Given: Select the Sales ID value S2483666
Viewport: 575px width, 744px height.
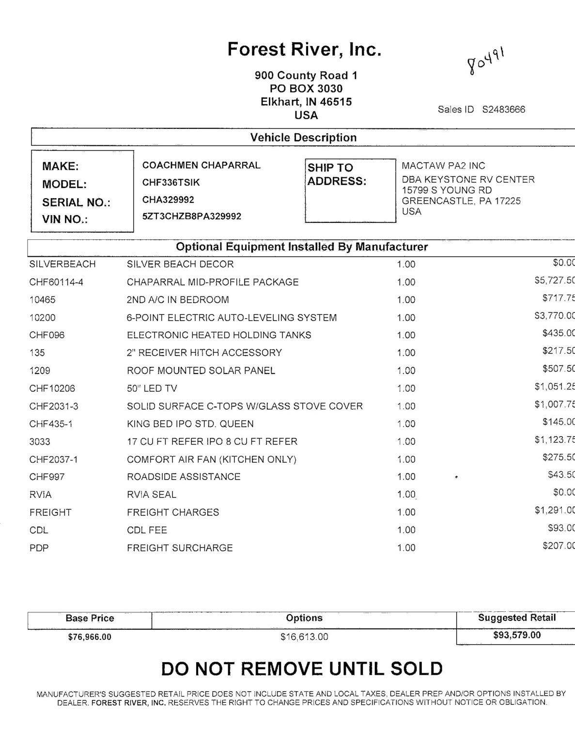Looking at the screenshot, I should click(x=503, y=109).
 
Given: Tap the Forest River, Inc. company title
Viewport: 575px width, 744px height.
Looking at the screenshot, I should click(x=304, y=49).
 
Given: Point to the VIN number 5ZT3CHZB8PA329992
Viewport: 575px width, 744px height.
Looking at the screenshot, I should click(x=191, y=217).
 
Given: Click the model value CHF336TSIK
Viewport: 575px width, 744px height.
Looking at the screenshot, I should click(x=171, y=183).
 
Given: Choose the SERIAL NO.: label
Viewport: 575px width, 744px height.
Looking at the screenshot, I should click(x=76, y=202).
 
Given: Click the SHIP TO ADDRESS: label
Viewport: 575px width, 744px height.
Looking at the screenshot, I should click(x=337, y=174).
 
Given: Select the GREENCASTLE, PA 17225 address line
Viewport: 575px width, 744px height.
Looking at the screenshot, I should click(x=461, y=201).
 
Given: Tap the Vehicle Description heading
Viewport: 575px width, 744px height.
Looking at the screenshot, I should click(x=303, y=138).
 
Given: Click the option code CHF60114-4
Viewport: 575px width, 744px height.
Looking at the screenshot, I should click(x=56, y=282).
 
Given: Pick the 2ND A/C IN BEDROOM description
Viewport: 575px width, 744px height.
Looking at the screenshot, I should click(x=178, y=300).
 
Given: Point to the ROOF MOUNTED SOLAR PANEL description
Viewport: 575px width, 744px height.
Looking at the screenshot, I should click(x=201, y=371).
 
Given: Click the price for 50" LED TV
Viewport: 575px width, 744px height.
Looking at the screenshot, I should click(x=554, y=387).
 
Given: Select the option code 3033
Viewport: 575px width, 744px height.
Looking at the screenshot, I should click(x=40, y=442).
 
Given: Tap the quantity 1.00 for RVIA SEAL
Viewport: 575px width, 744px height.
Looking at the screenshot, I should click(x=406, y=495).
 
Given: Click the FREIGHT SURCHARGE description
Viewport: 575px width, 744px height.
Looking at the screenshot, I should click(x=180, y=548).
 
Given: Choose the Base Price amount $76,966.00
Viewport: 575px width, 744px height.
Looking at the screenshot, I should click(x=90, y=637).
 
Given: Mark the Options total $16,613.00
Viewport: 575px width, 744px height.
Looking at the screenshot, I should click(x=304, y=637).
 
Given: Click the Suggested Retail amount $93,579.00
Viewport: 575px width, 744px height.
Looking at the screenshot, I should click(x=516, y=635).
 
